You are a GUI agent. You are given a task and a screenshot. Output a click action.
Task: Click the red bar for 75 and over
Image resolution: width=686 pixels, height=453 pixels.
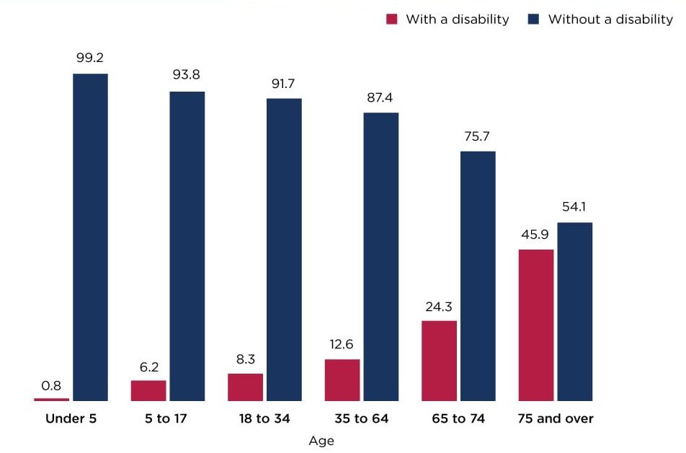point(536,325)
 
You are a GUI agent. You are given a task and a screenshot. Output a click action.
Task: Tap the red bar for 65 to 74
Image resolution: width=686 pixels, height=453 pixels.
point(439,361)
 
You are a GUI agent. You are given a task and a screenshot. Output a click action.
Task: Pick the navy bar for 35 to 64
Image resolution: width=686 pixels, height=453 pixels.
point(380,256)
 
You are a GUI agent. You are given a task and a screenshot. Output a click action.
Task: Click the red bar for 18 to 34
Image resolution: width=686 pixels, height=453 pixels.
point(245,387)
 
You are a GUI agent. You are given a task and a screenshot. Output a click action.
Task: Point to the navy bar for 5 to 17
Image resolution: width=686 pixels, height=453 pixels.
point(187,245)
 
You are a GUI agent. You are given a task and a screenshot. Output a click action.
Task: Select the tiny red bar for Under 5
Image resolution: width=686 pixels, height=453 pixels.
point(51,399)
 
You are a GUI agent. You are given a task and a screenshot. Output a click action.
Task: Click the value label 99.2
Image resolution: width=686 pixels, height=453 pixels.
point(90,58)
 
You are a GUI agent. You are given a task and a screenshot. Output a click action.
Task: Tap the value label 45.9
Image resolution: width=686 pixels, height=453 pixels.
point(536,234)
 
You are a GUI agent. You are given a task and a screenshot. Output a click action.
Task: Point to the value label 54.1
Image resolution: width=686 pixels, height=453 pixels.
point(575,208)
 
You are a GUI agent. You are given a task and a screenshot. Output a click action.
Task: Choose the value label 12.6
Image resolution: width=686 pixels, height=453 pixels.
point(342,344)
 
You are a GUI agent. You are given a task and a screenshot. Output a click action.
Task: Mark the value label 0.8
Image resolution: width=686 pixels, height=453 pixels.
point(51,385)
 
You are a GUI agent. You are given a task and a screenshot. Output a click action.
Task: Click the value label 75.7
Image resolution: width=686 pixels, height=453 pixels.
point(478,136)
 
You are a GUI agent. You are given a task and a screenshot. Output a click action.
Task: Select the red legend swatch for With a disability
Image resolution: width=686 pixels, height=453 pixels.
point(392,19)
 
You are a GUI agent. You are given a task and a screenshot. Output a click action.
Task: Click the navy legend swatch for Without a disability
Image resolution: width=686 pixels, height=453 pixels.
point(534,19)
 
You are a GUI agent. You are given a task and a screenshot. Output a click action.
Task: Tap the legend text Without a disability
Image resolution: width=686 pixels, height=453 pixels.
point(610,19)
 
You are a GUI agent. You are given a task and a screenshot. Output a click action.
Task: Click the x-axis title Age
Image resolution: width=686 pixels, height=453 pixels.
point(321,441)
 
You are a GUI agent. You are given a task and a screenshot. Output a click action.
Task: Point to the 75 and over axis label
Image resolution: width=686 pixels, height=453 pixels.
point(556,418)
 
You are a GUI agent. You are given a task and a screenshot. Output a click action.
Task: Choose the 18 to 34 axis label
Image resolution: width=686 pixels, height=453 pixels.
point(264,418)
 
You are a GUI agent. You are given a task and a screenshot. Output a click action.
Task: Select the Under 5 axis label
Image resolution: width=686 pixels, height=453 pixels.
point(71,418)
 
